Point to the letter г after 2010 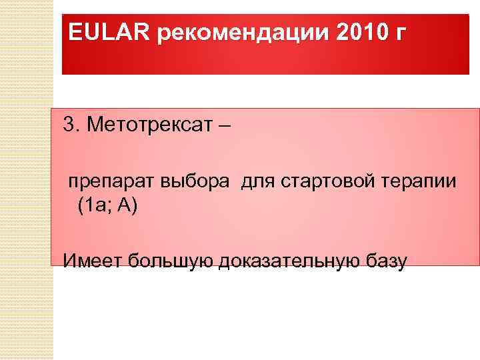pos(398,33)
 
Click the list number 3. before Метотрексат pos(71,124)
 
